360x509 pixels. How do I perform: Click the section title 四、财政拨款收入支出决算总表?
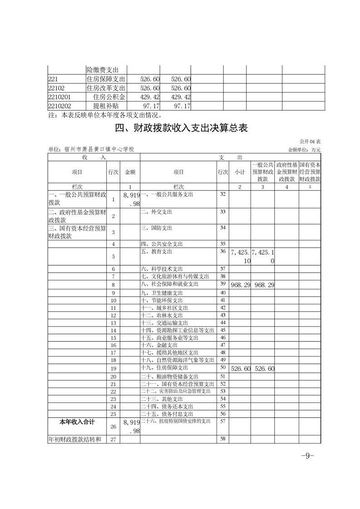tap(181, 128)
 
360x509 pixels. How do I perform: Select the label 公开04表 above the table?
tap(310, 142)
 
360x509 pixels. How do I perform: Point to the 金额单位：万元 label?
tap(304, 149)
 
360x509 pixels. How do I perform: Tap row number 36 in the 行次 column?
tap(222, 251)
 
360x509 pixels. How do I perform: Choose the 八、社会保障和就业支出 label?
tap(170, 284)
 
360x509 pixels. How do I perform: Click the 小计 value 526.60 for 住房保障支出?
tap(241, 369)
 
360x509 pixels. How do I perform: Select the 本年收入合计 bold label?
tap(77, 422)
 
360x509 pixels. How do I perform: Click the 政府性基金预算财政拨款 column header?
tap(286, 172)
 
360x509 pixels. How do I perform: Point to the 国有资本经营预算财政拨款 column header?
tap(311, 172)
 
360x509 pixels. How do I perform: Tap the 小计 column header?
tap(240, 172)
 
